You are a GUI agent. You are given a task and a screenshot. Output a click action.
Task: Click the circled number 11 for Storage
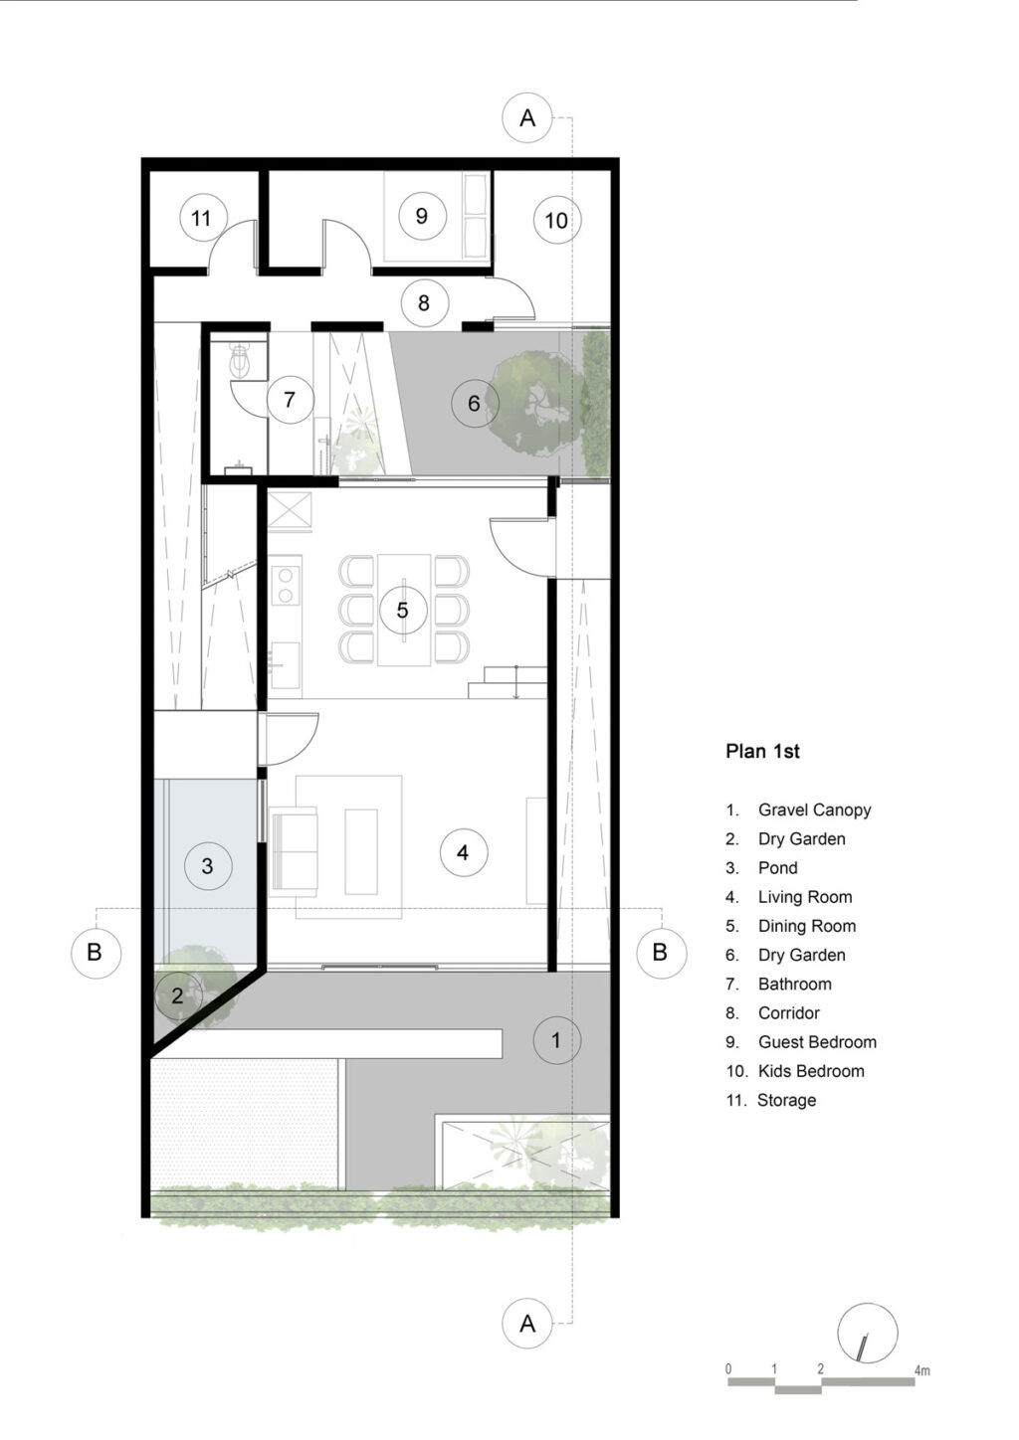point(202,218)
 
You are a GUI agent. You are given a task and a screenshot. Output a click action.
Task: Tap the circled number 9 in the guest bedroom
point(421,216)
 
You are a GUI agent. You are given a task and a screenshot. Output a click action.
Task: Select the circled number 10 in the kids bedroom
point(556,220)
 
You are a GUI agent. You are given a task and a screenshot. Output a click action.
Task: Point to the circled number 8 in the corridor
point(424,302)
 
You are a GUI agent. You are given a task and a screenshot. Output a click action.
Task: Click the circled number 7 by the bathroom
point(290,400)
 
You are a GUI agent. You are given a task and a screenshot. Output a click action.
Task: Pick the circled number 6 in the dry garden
point(474,404)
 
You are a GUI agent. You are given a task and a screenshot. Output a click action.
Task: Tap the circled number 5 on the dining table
point(403,610)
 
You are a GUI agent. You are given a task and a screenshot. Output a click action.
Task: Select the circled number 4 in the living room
point(463,852)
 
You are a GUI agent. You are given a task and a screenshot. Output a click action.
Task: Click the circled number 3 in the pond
point(207,865)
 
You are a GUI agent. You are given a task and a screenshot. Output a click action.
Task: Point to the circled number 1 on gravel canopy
point(556,1041)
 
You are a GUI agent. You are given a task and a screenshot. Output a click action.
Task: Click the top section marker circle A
point(527,118)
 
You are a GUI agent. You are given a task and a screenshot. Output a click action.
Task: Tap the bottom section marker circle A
point(527,1324)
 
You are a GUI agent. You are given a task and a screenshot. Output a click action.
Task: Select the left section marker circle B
point(95,953)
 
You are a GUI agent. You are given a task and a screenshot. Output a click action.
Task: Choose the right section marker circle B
point(660,953)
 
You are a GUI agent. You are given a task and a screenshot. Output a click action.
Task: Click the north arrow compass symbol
point(867,1333)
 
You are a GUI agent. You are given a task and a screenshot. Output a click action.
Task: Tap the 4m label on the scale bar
point(922,1370)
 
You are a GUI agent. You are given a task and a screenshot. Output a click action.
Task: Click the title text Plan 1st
point(762,752)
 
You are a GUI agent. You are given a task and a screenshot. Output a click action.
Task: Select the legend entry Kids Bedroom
point(810,1071)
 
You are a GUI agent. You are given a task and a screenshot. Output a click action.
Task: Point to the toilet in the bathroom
point(241,361)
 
